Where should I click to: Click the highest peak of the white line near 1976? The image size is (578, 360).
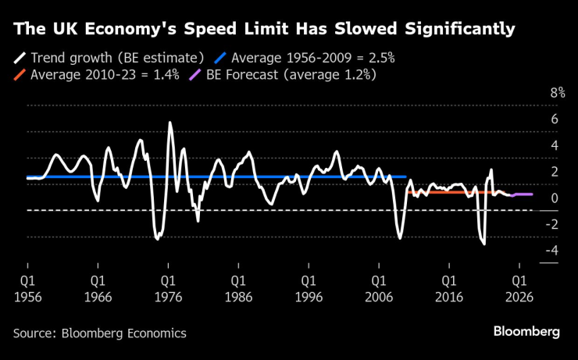[x=170, y=123]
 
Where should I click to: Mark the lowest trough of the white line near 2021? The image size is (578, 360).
[x=484, y=244]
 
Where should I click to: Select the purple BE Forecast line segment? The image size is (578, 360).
[x=523, y=194]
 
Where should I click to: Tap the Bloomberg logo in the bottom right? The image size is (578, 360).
[x=526, y=331]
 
